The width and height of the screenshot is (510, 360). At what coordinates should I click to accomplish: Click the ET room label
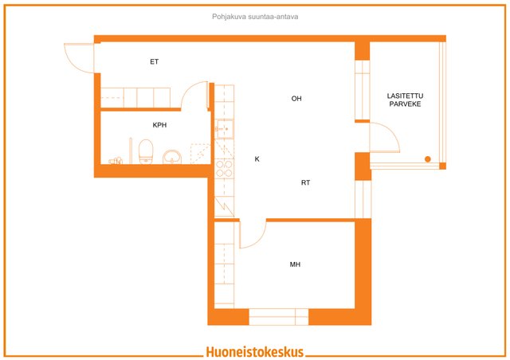154,61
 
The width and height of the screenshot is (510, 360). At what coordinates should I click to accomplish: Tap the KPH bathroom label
159,125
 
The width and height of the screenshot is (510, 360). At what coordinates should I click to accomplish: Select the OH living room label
296,99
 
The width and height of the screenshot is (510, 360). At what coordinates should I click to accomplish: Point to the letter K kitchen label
257,159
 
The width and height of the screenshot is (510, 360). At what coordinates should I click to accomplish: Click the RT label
305,183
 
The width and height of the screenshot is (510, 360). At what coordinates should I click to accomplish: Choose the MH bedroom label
295,264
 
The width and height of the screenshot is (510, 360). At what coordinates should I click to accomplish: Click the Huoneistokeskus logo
254,351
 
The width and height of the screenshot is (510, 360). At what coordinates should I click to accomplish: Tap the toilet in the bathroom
145,151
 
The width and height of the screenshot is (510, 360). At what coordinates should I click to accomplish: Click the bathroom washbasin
172,157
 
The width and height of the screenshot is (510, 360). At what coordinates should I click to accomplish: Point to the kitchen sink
223,127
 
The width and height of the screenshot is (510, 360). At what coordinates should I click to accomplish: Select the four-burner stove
223,167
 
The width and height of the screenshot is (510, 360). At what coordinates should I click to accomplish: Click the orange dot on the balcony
428,160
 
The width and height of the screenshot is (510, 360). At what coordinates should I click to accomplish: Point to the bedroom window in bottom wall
278,316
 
